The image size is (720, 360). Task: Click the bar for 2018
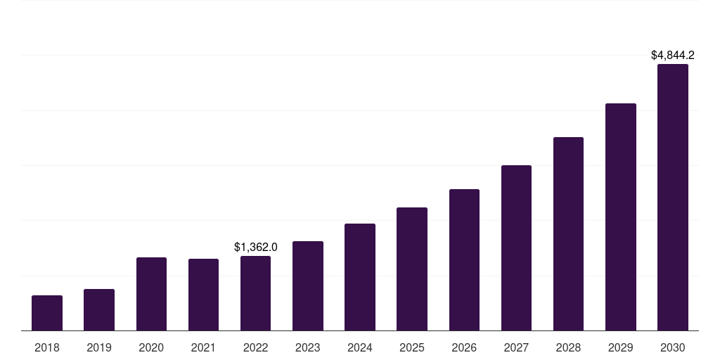point(47,313)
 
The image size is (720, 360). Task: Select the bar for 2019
point(99,310)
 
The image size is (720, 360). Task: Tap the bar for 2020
point(151,294)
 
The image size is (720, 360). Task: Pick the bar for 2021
point(203,295)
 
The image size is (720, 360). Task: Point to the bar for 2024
point(360,277)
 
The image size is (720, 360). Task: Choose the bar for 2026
point(464,260)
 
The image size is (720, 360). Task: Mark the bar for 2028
point(568,234)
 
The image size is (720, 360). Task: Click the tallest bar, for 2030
point(673,198)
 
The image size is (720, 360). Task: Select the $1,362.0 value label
point(256,247)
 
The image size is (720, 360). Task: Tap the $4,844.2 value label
point(673,55)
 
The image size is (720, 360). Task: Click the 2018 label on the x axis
point(47,347)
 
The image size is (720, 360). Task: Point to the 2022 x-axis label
point(256,347)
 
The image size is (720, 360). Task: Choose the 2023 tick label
point(308,347)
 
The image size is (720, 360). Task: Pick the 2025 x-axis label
point(412,347)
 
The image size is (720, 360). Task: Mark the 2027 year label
point(516,347)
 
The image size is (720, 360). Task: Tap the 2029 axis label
point(620,347)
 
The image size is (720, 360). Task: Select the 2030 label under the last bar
point(673,347)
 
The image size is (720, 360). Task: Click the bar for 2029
point(620,217)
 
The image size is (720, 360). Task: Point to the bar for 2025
point(412,269)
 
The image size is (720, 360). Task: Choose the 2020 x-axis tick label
point(151,347)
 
